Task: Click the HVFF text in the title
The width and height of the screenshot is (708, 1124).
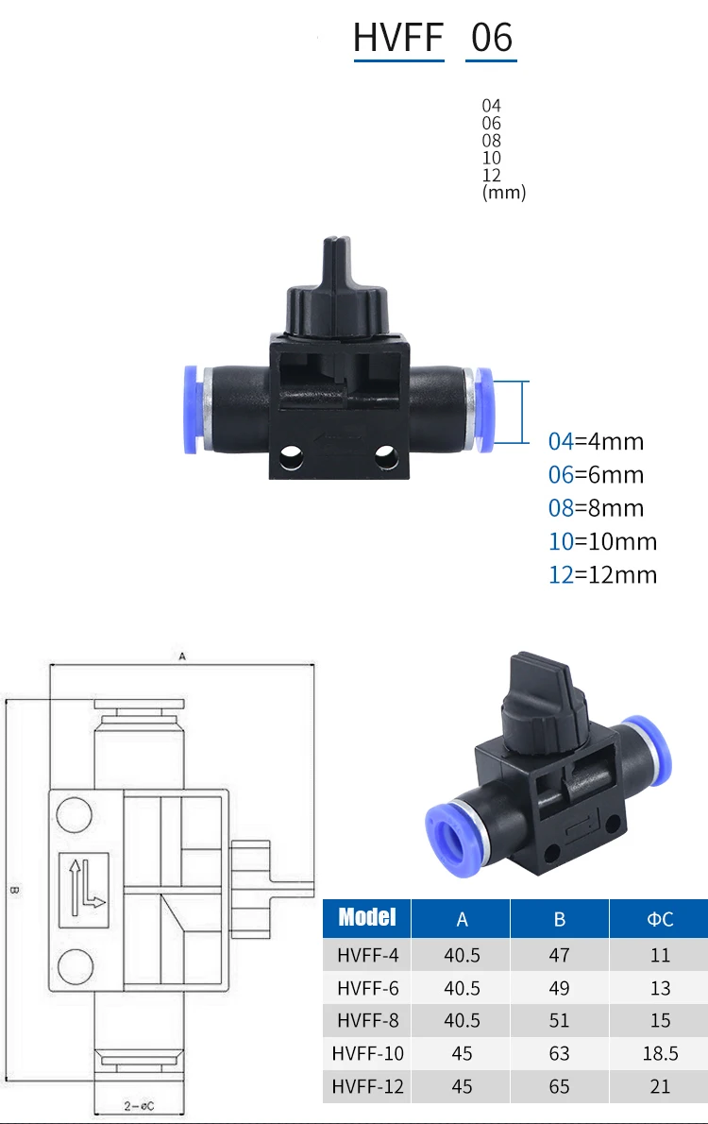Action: pos(398,37)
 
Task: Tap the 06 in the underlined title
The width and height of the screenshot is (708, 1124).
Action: pos(492,37)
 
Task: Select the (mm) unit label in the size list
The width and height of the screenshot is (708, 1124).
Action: pos(504,192)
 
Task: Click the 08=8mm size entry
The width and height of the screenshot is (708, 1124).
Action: pos(597,507)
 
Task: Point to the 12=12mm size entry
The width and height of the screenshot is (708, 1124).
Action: pos(602,574)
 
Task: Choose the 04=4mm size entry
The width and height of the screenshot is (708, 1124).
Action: pos(597,441)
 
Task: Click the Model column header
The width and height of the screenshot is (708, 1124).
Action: pos(367,917)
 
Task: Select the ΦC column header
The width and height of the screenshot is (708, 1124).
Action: pos(660,919)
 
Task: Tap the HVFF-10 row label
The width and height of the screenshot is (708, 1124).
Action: pos(367,1053)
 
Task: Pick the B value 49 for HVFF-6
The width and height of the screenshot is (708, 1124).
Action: pos(559,988)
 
